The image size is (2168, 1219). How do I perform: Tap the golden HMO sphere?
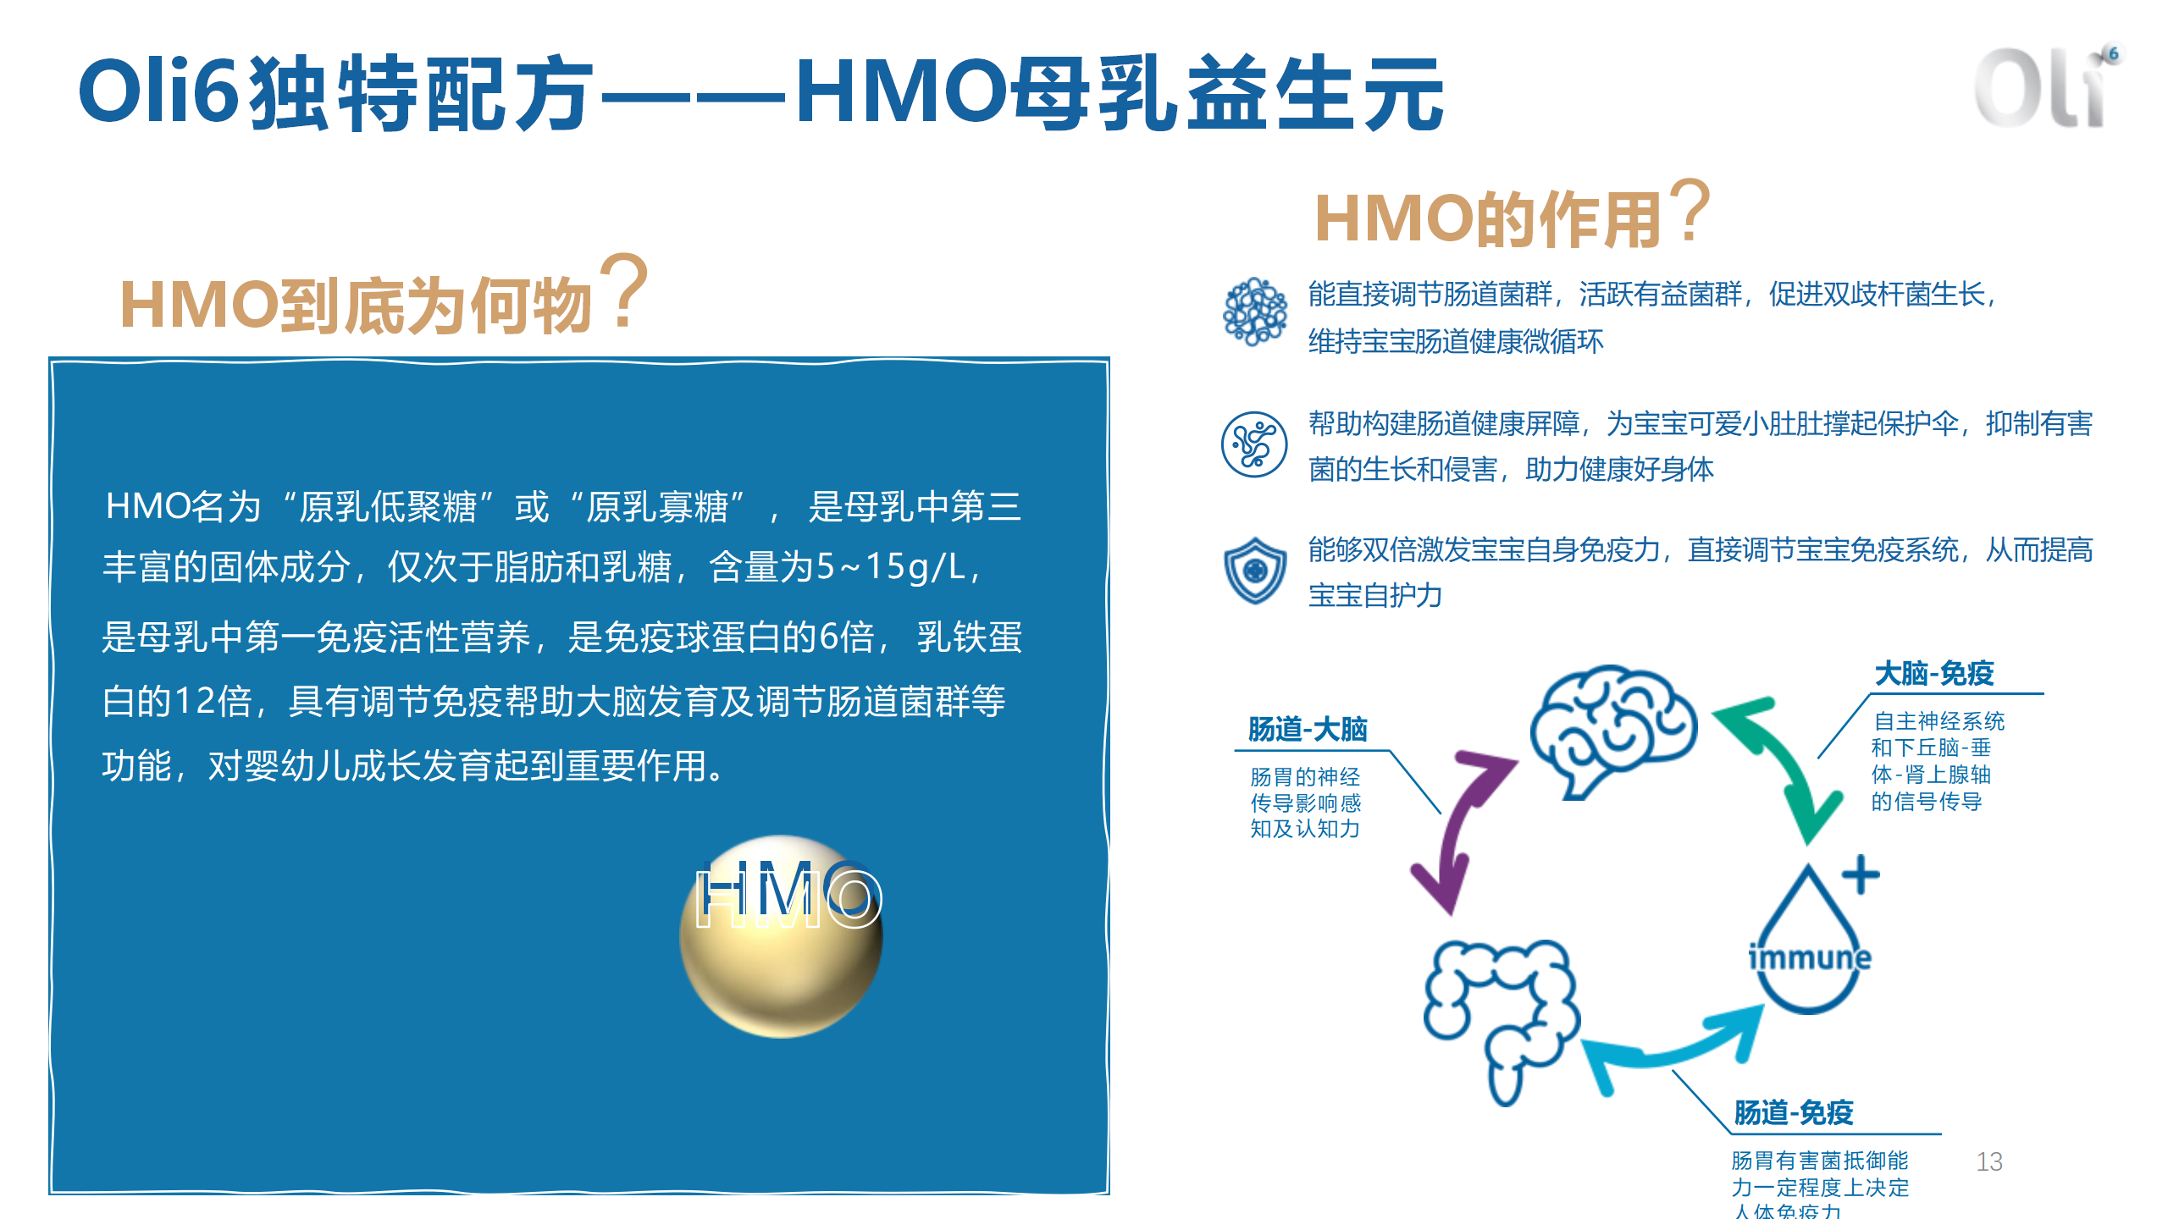[x=781, y=937]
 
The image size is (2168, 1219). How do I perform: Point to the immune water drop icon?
[x=1809, y=940]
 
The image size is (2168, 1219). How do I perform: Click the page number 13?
[x=1989, y=1161]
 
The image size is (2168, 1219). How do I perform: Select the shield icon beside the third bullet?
[x=1255, y=571]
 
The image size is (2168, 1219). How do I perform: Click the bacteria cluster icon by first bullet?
[x=1255, y=312]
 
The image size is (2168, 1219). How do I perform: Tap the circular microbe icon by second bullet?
[x=1254, y=444]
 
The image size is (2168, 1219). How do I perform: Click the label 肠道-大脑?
[x=1308, y=729]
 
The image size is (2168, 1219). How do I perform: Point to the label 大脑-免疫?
[x=1934, y=674]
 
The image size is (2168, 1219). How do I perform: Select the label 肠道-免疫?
[x=1794, y=1112]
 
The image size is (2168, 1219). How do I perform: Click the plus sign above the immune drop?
[x=1861, y=874]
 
